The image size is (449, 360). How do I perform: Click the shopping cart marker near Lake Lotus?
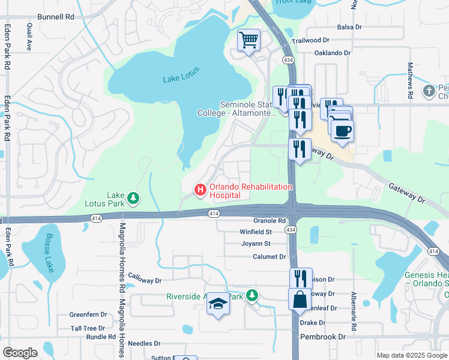click(249, 41)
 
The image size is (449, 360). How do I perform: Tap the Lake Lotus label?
click(181, 79)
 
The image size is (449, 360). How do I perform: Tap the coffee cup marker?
click(342, 131)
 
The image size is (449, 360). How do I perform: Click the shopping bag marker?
click(300, 299)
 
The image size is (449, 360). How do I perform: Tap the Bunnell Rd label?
click(55, 17)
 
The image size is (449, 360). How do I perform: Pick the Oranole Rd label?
click(270, 221)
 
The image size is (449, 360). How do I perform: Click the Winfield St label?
click(256, 232)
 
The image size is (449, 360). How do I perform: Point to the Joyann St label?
click(256, 244)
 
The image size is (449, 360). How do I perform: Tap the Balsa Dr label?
click(349, 27)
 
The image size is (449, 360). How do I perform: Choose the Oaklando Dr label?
click(333, 53)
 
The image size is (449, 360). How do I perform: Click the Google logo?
click(20, 353)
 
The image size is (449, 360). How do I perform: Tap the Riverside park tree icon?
click(253, 295)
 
